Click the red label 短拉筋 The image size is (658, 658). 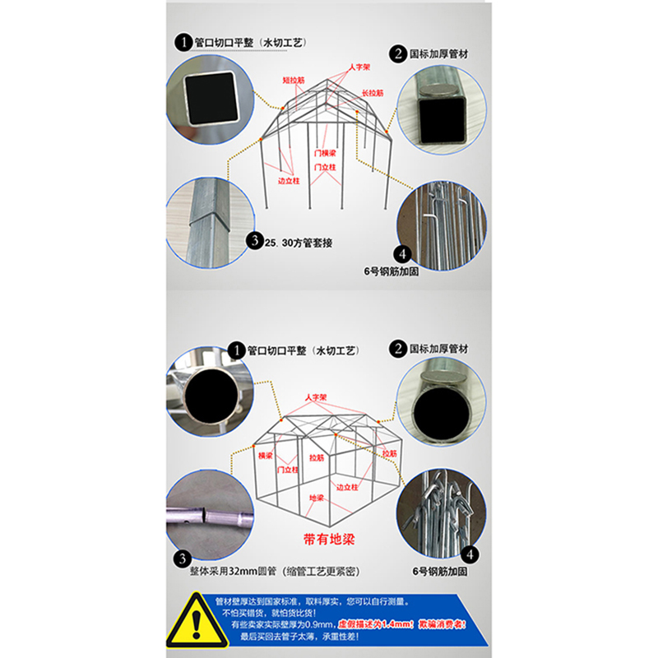(x=293, y=81)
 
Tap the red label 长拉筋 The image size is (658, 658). (x=373, y=93)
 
